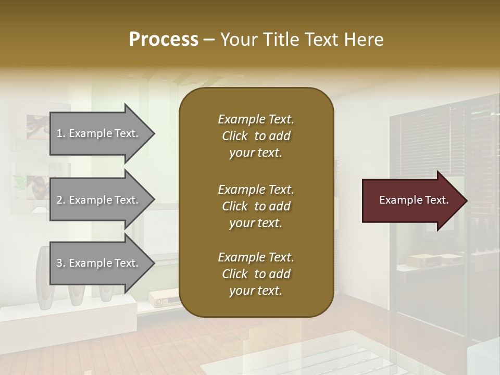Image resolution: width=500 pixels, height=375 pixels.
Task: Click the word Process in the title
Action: click(x=164, y=39)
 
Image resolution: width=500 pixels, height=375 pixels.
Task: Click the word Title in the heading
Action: click(x=281, y=40)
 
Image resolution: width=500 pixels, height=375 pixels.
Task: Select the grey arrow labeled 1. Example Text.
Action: click(x=99, y=133)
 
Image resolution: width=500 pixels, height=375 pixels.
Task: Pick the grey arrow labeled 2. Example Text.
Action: click(x=99, y=199)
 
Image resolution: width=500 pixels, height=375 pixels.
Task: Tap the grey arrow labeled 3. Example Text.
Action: click(x=99, y=263)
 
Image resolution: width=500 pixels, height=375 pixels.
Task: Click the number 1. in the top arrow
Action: click(x=61, y=133)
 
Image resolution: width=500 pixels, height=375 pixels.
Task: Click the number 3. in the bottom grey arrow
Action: click(x=61, y=263)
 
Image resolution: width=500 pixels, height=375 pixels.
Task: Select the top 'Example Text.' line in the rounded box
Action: click(x=256, y=119)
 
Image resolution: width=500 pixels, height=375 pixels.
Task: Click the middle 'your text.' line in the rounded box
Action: click(x=256, y=223)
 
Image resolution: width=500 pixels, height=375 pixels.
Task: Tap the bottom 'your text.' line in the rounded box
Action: click(x=256, y=291)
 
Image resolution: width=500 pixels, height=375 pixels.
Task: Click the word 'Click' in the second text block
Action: click(x=235, y=206)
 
